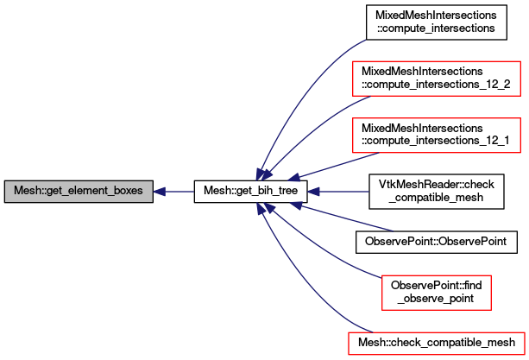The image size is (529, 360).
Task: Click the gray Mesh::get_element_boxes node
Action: (x=79, y=192)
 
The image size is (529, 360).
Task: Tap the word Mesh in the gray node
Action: (x=26, y=192)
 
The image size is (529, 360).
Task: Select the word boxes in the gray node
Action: (x=126, y=192)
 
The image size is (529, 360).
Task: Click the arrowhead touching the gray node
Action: (x=160, y=192)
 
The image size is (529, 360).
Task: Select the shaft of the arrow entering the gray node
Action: (x=179, y=192)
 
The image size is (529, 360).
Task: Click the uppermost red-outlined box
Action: (x=436, y=79)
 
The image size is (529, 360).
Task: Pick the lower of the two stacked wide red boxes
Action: (x=436, y=136)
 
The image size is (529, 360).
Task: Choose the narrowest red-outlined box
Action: (x=436, y=293)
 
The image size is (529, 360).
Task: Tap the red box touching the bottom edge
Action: (x=436, y=343)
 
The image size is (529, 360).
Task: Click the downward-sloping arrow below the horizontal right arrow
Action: (x=345, y=218)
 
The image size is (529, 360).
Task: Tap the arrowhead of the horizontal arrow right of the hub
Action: (x=314, y=192)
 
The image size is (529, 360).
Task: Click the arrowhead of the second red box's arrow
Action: (x=294, y=178)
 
